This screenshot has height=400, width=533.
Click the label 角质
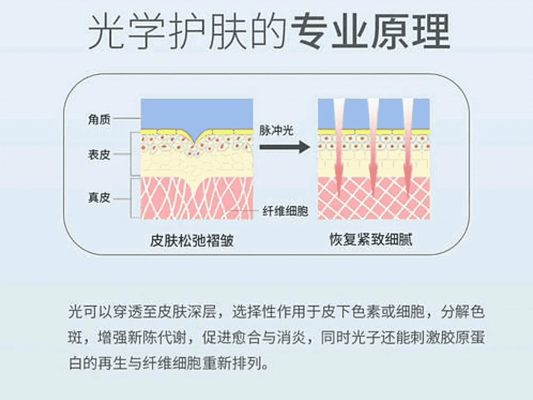click(x=100, y=120)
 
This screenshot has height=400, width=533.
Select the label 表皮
click(x=100, y=155)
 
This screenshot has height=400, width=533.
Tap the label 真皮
click(x=100, y=197)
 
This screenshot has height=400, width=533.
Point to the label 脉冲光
click(x=276, y=131)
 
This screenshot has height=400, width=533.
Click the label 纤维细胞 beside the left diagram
click(x=285, y=211)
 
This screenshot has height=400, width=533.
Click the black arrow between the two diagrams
click(x=284, y=147)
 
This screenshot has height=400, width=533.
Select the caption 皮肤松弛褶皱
click(x=192, y=241)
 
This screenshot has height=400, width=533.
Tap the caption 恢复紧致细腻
click(x=371, y=240)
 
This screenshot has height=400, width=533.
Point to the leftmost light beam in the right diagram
click(x=339, y=146)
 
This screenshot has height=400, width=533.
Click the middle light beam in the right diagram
click(x=374, y=146)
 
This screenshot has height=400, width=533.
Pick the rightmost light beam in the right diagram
click(x=408, y=146)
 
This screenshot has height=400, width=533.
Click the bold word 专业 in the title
click(x=329, y=31)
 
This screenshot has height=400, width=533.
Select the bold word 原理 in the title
click(x=411, y=31)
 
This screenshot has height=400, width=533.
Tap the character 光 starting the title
click(x=106, y=31)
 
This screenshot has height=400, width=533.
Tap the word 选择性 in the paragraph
click(x=254, y=312)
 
